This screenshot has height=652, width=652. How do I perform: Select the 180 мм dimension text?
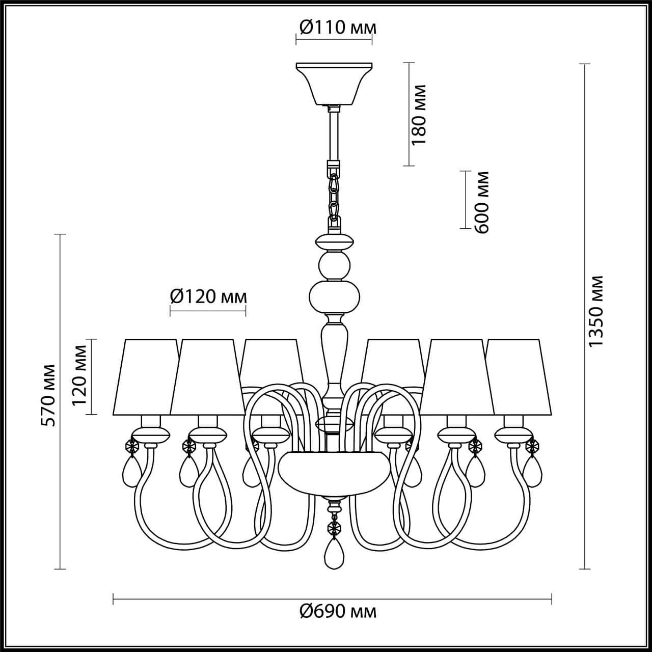(419, 115)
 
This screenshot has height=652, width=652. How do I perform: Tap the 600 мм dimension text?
(482, 202)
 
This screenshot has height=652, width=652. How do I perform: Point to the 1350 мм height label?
(595, 312)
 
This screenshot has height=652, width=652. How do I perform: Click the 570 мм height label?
(49, 395)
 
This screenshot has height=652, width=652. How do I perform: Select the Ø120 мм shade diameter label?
(208, 296)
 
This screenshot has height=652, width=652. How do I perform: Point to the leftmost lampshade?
(144, 377)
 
